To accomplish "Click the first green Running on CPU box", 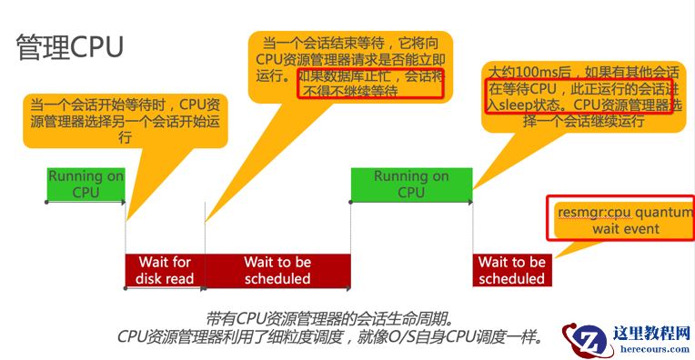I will click(x=86, y=185).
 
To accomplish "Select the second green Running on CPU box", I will click(x=410, y=185).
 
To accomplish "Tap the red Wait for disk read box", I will click(x=166, y=270).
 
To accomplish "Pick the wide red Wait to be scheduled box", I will click(x=277, y=270).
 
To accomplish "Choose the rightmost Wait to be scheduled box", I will click(x=511, y=270).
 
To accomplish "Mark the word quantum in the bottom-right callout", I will click(x=662, y=212).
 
